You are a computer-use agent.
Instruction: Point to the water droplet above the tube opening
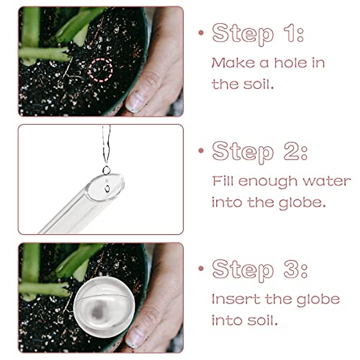[106, 170]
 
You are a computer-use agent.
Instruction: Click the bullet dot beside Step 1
[201, 33]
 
